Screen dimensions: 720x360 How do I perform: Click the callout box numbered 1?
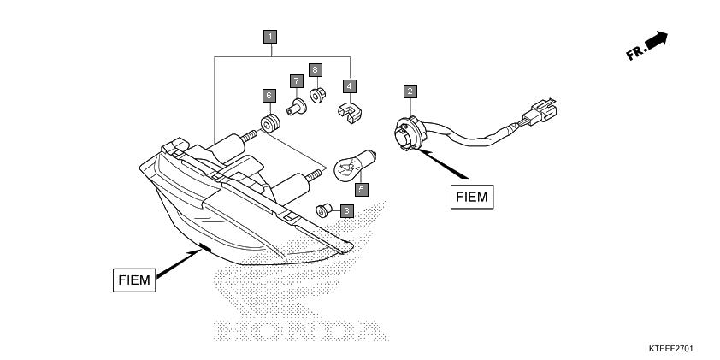[x=270, y=37]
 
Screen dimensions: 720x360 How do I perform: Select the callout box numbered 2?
[x=410, y=91]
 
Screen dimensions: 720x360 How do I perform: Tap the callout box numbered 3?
[x=346, y=211]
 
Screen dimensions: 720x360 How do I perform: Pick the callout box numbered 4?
[x=350, y=86]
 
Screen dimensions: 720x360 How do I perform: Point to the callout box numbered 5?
[x=362, y=189]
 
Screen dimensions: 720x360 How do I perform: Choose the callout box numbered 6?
[x=269, y=96]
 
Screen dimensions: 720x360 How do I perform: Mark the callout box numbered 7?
[x=297, y=81]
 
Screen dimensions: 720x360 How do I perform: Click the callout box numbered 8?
[x=315, y=70]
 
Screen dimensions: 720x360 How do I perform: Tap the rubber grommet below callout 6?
[x=270, y=123]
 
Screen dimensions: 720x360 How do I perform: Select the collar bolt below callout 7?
[x=297, y=107]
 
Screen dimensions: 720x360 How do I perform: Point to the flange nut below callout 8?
[x=317, y=95]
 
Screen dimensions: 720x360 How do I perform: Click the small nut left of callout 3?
[x=324, y=210]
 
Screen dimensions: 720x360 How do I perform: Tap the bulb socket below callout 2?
[x=410, y=133]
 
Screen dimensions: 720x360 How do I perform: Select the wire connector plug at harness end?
[x=540, y=110]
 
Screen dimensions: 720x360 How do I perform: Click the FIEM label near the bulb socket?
[x=472, y=197]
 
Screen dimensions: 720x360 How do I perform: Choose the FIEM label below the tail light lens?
[x=134, y=280]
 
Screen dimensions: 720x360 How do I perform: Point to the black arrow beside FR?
[x=656, y=40]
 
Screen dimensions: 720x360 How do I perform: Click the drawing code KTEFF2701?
[x=671, y=349]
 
